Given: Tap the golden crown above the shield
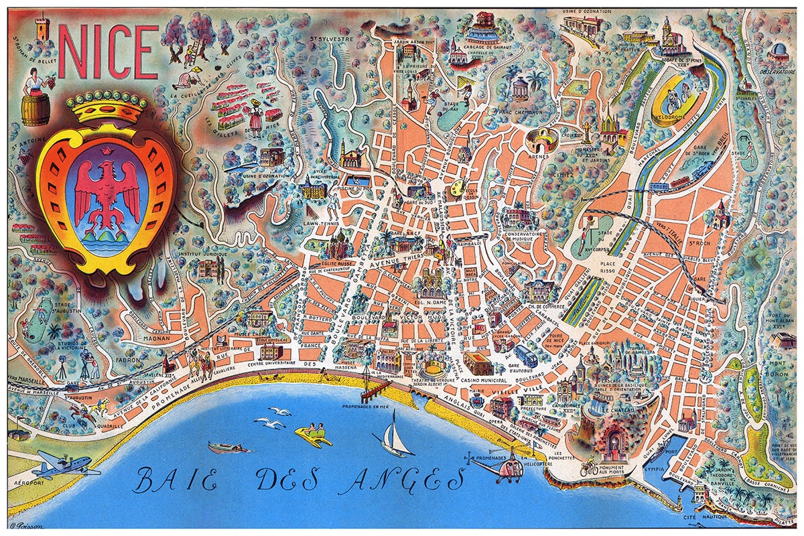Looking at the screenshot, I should click(107, 108).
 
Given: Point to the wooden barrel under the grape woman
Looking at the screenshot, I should click(35, 110).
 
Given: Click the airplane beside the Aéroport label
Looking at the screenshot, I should click(64, 464).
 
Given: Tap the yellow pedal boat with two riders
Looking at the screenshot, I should click(314, 435).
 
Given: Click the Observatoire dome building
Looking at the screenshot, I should click(779, 52).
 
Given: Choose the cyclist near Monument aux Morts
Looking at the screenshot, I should click(588, 465).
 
